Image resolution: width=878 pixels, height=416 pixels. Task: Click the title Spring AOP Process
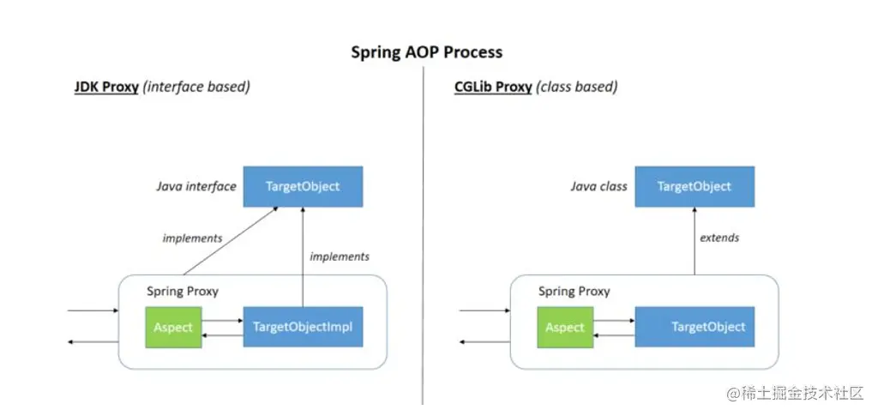426,52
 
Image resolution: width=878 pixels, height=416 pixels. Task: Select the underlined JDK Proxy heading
106,87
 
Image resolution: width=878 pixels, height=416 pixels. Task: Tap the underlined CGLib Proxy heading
493,87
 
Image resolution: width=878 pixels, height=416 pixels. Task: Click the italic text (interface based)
196,87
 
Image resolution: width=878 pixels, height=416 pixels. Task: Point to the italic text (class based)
577,87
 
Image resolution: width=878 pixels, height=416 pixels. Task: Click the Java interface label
195,186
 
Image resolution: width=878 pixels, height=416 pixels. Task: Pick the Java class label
598,186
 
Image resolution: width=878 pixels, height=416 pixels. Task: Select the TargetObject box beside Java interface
303,186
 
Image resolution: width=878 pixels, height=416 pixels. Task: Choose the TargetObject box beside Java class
695,186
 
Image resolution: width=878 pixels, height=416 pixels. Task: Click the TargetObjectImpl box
303,327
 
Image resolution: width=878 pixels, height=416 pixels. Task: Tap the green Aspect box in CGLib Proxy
565,327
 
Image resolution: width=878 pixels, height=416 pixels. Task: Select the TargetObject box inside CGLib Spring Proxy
707,327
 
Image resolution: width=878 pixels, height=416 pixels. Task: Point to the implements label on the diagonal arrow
192,238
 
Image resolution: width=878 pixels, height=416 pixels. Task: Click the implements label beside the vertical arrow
340,256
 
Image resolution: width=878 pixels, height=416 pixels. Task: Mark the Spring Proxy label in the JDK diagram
183,291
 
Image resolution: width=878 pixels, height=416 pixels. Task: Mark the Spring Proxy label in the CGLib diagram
574,291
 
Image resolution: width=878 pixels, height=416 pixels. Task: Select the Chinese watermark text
797,394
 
